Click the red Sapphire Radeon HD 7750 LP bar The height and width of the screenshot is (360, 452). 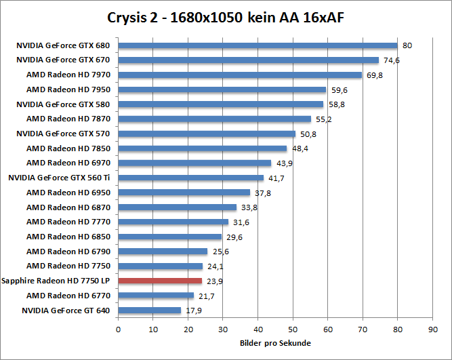(160, 281)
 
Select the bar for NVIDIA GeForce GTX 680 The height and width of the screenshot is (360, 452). (258, 46)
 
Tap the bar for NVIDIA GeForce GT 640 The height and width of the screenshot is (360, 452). (150, 311)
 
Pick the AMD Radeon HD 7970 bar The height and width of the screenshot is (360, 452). (240, 75)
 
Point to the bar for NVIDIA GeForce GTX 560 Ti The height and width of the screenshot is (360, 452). (191, 178)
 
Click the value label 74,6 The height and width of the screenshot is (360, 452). (390, 60)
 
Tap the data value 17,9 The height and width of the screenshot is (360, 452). (194, 311)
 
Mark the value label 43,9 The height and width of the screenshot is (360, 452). (284, 163)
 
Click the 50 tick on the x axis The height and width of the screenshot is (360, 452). (293, 330)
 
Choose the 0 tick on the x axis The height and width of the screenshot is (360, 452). (119, 330)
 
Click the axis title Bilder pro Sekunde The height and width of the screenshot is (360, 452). (275, 343)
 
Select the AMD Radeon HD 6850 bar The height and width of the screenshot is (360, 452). (170, 237)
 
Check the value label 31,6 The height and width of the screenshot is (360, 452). (241, 222)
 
